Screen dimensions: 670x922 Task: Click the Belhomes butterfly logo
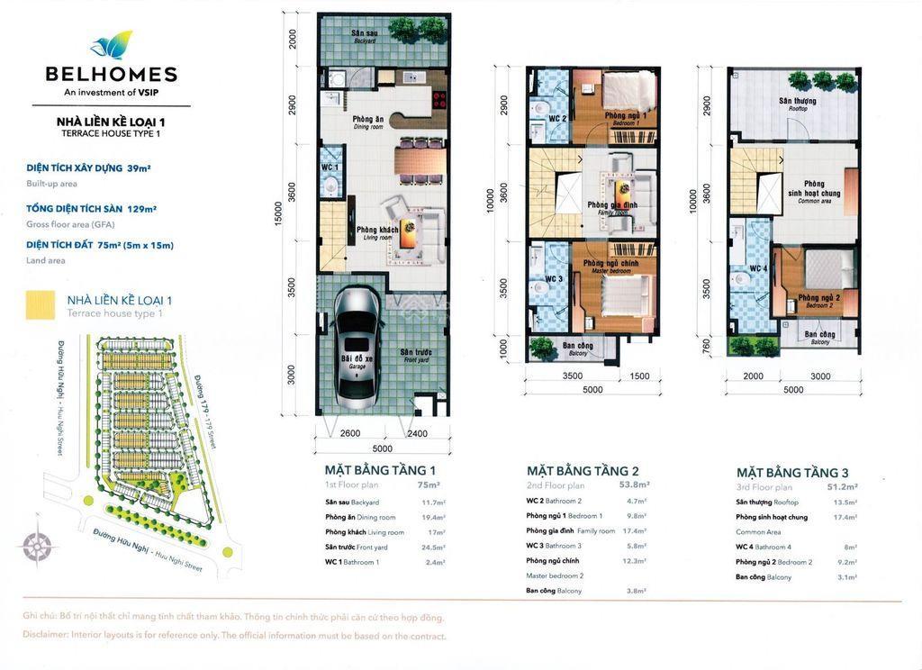pos(112,45)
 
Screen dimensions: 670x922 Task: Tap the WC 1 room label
pos(330,167)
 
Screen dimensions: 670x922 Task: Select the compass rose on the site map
pos(38,545)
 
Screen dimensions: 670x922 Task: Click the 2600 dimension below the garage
pos(350,434)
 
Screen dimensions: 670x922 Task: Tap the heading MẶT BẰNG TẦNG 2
pos(583,470)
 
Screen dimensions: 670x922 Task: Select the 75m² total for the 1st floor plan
pos(429,484)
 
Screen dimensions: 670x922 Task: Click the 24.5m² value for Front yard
pos(433,547)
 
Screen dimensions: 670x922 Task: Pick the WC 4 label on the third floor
pos(759,267)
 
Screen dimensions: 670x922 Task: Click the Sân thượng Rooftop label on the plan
pos(798,103)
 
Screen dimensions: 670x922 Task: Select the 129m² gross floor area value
pos(142,209)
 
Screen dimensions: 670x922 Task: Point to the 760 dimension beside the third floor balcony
pos(706,345)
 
